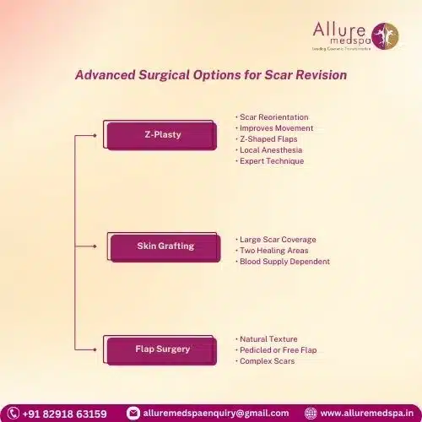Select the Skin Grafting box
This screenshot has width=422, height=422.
coord(165,246)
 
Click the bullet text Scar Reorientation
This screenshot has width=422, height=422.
coord(273,116)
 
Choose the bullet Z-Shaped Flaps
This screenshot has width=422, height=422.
coord(269,138)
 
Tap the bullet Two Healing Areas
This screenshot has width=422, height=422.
coord(273,251)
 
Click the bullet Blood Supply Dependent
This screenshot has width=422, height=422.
coord(284,262)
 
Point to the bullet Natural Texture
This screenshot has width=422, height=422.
coord(268,339)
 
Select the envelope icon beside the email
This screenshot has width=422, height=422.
coord(133,414)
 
